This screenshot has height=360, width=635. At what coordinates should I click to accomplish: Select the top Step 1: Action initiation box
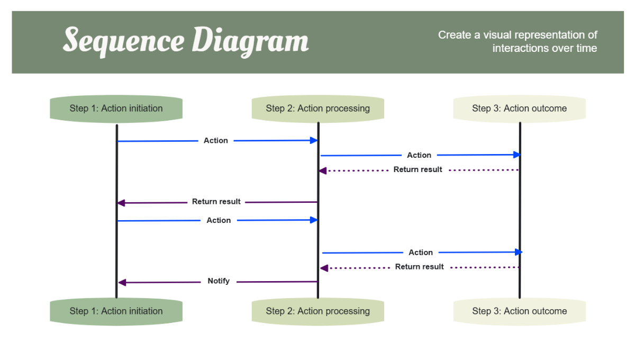click(116, 109)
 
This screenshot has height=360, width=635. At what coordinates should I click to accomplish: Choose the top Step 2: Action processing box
click(317, 109)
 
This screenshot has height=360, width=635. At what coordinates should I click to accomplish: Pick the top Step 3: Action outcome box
click(519, 109)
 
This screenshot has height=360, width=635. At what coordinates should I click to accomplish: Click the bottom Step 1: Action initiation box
click(116, 311)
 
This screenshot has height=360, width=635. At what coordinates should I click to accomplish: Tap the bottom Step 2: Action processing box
click(317, 311)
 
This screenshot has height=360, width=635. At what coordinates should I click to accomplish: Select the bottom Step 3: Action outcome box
click(519, 311)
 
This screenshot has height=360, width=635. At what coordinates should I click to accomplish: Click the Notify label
click(219, 281)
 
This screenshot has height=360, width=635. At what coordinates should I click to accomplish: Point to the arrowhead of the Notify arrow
click(121, 283)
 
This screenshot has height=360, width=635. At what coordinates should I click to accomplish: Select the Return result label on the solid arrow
click(216, 202)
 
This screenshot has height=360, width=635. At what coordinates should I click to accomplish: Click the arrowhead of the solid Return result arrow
click(121, 203)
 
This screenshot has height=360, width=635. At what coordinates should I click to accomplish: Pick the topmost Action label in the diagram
click(216, 141)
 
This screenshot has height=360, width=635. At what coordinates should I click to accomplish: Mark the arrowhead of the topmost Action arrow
click(314, 140)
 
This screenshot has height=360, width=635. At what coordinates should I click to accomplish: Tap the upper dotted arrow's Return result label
click(418, 170)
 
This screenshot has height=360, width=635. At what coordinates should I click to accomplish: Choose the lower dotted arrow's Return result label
click(419, 267)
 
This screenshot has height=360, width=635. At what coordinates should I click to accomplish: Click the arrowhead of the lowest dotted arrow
click(324, 268)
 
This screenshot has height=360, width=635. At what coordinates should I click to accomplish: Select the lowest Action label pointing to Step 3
click(421, 253)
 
